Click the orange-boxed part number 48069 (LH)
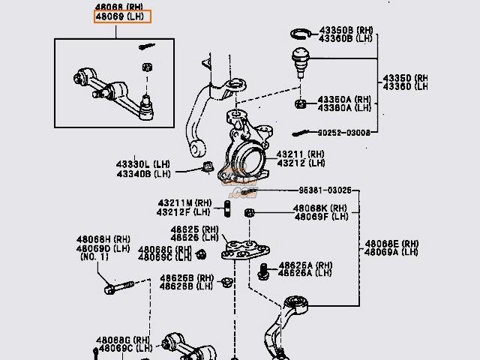coord(121,16)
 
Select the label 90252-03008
coord(343,133)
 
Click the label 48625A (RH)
coord(305,265)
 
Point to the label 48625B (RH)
coord(176,278)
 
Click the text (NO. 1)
coord(94,257)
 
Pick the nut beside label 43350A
coord(300,103)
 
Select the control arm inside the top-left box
coord(112,86)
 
